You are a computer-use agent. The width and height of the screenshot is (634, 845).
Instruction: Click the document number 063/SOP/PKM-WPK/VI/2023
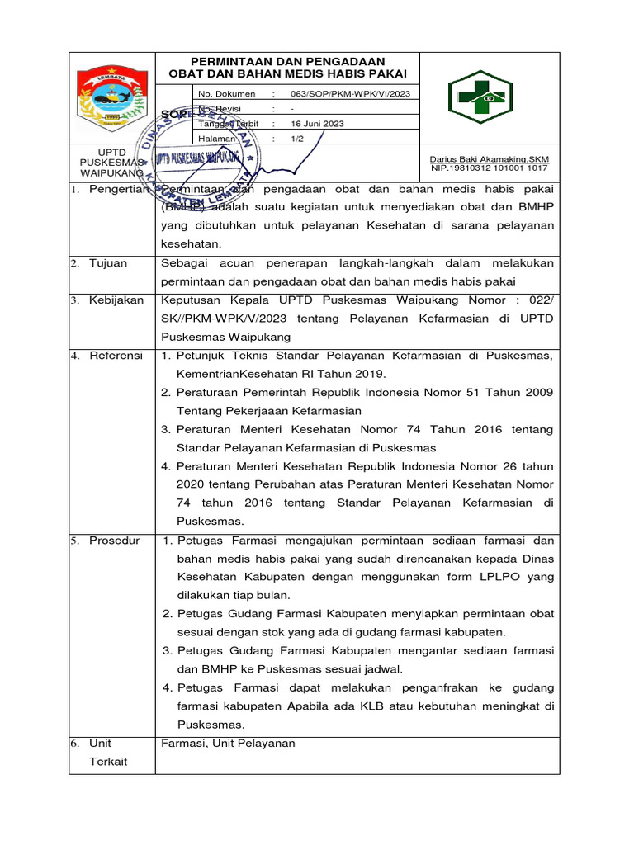[x=348, y=94]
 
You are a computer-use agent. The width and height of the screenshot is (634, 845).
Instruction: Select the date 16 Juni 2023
[x=317, y=124]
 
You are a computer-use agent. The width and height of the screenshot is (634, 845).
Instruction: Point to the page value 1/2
[x=297, y=139]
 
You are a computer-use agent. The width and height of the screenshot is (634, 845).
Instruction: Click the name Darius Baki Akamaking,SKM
[x=490, y=159]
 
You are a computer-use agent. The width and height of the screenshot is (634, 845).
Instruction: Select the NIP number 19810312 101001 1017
[x=490, y=168]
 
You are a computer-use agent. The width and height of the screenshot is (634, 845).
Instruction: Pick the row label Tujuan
[x=109, y=263]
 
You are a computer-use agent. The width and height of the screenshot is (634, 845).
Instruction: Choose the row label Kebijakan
[x=116, y=300]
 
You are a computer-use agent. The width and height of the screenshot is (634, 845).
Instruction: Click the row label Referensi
[x=116, y=356]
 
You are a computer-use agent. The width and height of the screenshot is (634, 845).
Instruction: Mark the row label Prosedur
[x=116, y=541]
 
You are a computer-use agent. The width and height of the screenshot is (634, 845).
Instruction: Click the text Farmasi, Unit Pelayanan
[x=228, y=744]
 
